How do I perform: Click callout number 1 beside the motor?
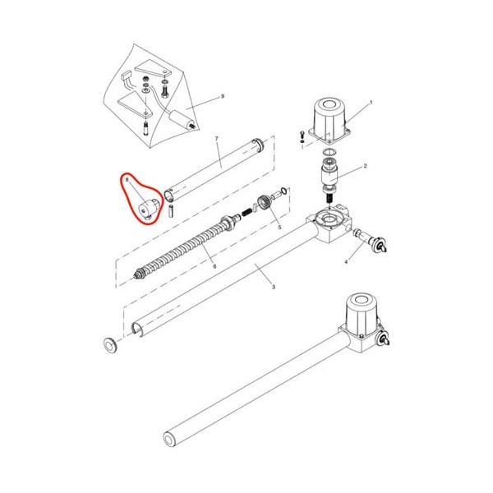click(371, 102)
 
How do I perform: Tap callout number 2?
click(365, 166)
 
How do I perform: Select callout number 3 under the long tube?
click(274, 287)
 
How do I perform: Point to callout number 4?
click(346, 261)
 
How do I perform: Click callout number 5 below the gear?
click(279, 228)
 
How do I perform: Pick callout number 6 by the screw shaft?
click(214, 266)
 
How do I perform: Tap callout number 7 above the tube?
click(216, 139)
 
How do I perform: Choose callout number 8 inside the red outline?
click(127, 180)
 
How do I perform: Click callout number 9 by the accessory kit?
click(223, 96)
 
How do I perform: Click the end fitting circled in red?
click(149, 209)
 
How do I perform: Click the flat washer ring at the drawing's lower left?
click(111, 344)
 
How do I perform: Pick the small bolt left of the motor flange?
click(302, 136)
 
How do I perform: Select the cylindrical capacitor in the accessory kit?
click(181, 118)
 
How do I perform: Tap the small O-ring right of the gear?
click(283, 191)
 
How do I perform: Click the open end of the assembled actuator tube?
click(169, 438)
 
